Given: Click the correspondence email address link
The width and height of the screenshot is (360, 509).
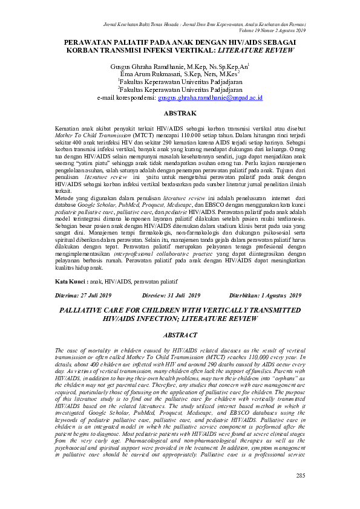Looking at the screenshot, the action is pyautogui.click(x=209, y=97).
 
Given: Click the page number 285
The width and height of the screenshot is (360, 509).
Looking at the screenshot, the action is pyautogui.click(x=299, y=492).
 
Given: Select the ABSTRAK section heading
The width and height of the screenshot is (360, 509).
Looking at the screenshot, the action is pyautogui.click(x=180, y=113).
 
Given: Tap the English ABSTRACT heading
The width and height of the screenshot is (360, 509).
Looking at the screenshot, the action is pyautogui.click(x=180, y=335).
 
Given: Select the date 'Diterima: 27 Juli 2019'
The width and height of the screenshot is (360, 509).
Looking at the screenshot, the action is pyautogui.click(x=84, y=296).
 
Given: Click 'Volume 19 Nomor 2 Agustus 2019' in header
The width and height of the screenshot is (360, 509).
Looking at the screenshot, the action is pyautogui.click(x=273, y=30).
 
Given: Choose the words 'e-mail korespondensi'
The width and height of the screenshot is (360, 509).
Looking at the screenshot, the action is pyautogui.click(x=126, y=97).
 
